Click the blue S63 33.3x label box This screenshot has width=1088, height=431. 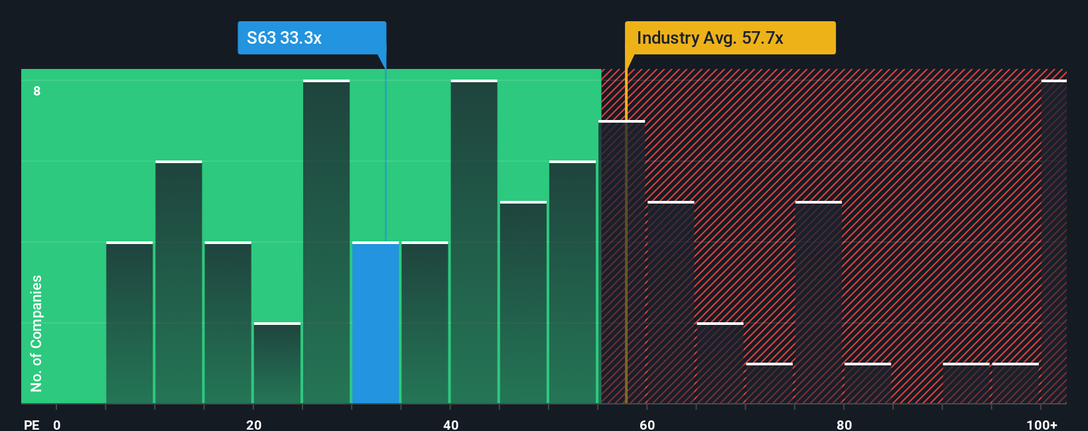click(312, 38)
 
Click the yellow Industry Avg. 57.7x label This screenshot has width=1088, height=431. click(730, 38)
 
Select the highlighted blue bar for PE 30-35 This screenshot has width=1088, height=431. click(375, 323)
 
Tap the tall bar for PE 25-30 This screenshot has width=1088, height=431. click(326, 242)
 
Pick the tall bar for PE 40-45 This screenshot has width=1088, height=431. click(474, 242)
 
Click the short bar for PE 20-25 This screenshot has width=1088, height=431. click(277, 363)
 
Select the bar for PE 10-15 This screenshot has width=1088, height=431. click(178, 282)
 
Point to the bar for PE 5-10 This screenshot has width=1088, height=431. click(129, 323)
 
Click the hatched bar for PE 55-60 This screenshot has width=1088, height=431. click(622, 263)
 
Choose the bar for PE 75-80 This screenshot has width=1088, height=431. click(819, 303)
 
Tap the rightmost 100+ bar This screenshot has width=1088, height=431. click(1054, 242)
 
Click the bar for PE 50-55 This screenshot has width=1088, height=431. click(573, 282)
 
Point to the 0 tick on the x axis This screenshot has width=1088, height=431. click(57, 424)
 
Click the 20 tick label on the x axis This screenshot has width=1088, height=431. click(253, 424)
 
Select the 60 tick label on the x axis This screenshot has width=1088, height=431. click(647, 424)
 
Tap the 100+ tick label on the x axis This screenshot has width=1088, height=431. click(1042, 424)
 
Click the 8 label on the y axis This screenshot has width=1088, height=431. click(37, 91)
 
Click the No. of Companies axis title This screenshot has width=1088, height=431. click(36, 333)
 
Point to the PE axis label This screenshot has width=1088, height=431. click(31, 424)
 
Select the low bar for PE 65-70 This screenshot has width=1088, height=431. click(720, 363)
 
